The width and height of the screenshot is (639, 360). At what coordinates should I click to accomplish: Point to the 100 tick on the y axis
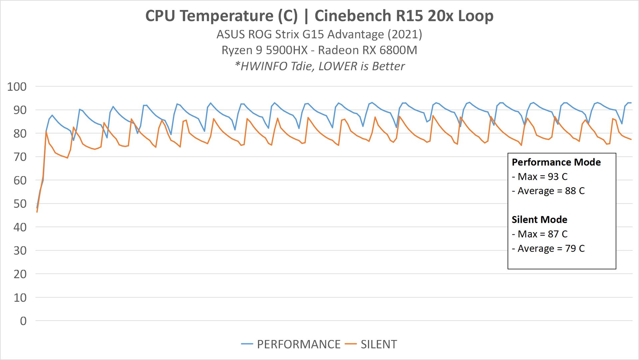tap(17, 87)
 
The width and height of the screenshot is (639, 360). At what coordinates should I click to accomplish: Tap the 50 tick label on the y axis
tap(20, 204)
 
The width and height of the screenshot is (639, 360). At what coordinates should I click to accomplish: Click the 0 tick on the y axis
tap(23, 321)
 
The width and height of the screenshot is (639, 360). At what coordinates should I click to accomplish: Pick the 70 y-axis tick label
tap(20, 157)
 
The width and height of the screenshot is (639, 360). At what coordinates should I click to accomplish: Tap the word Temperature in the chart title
tap(226, 16)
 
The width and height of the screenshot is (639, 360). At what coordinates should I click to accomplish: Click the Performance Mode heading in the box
tap(556, 162)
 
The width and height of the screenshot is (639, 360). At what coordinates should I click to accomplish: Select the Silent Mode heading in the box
tap(539, 219)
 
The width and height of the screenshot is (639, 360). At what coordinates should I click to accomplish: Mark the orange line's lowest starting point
tap(37, 212)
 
